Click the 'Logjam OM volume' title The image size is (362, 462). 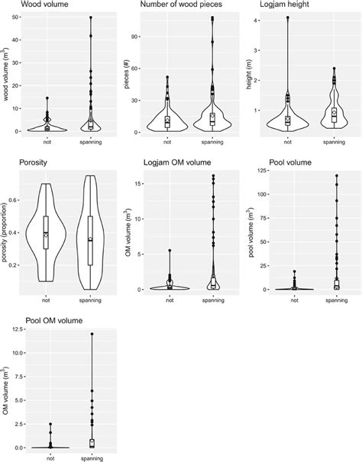pyautogui.click(x=173, y=162)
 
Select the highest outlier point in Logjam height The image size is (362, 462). pyautogui.click(x=288, y=18)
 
